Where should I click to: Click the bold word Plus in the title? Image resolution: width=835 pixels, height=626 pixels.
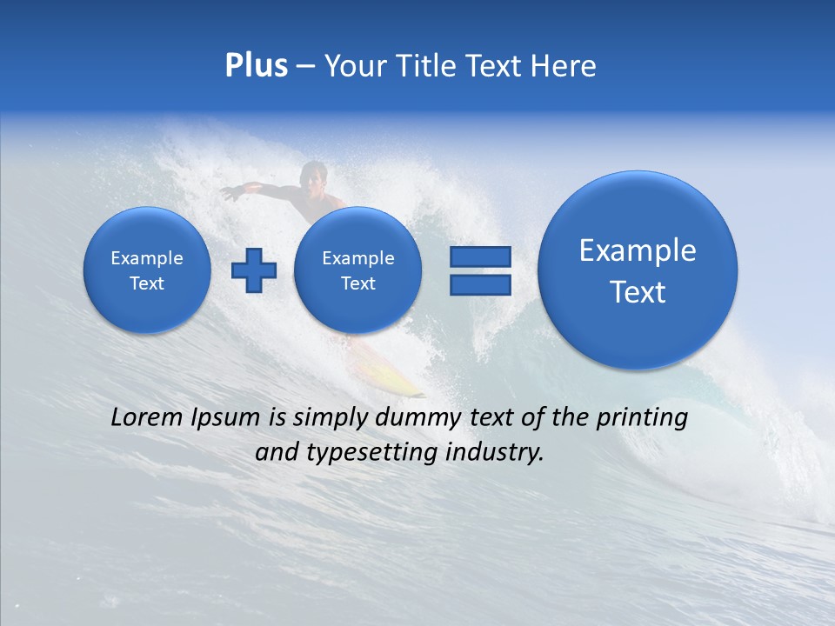[x=256, y=66]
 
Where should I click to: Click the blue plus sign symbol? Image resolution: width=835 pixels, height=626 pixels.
[x=253, y=270]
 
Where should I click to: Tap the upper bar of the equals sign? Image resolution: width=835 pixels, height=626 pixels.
[x=479, y=256]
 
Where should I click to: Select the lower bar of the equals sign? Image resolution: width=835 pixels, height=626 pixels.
[x=479, y=284]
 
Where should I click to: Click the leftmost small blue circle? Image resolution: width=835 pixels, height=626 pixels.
[x=147, y=270]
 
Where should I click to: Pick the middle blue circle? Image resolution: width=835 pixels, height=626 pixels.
[x=357, y=270]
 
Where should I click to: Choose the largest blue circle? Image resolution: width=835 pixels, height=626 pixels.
[x=638, y=270]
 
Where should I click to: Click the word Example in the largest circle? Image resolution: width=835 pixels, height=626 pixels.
[x=638, y=250]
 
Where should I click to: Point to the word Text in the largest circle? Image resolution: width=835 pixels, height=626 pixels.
[x=638, y=292]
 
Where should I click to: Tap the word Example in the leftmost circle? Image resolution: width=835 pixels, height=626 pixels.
[x=147, y=258]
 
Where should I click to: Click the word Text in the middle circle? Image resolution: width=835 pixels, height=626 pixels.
[x=357, y=283]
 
